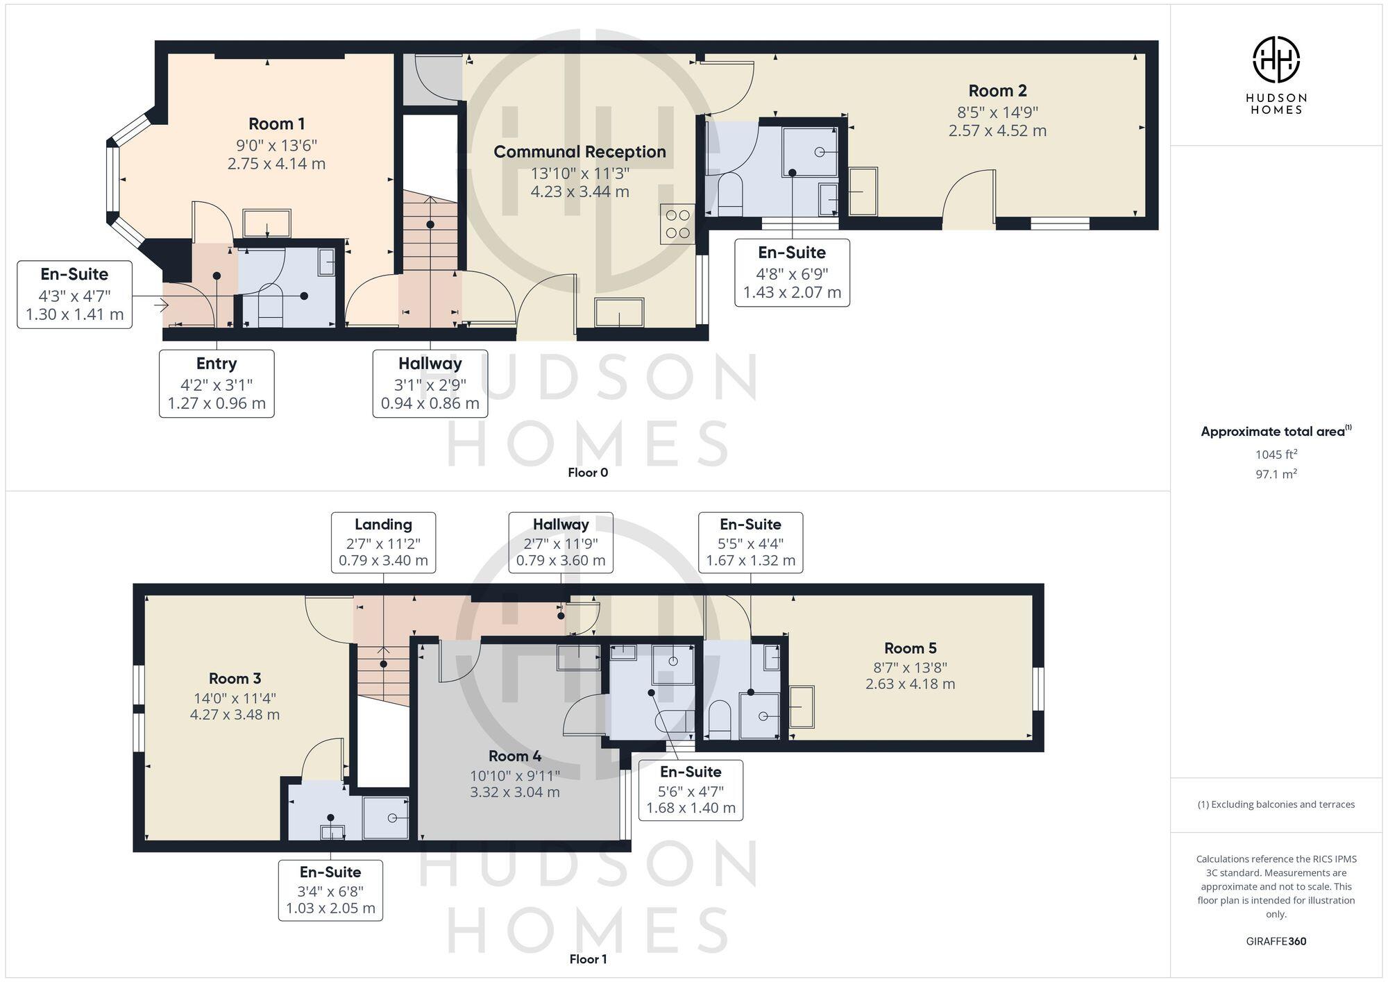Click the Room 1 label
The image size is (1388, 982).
276,124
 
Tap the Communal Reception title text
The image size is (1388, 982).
579,152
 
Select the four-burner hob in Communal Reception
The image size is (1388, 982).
677,224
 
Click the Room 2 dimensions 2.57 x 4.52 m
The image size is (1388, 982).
997,131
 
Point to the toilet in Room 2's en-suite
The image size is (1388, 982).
730,195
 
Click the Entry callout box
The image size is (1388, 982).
217,383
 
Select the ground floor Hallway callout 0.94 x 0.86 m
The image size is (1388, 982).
430,403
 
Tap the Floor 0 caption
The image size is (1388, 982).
587,473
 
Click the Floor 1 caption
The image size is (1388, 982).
587,959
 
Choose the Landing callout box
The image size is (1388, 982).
383,543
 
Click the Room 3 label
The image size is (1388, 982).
235,679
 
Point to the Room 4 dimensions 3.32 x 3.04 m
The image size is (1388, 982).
514,792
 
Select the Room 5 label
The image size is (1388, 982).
910,648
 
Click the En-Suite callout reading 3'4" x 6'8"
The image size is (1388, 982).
330,890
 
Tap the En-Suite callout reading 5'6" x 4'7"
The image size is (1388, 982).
691,790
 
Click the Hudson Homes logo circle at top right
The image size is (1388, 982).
1276,60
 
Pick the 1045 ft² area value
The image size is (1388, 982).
1276,455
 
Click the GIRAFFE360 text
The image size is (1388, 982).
1276,942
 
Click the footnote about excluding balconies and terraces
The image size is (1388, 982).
1276,805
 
